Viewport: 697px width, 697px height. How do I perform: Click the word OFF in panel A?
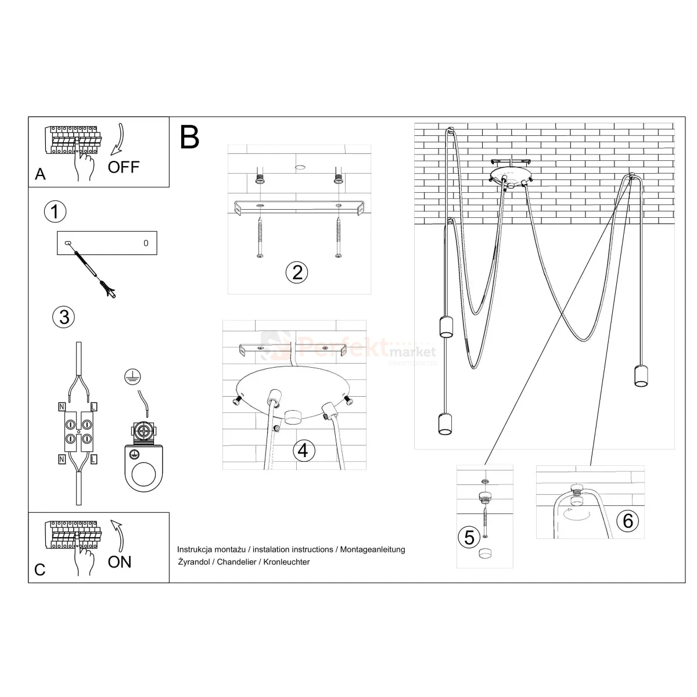pyautogui.click(x=124, y=167)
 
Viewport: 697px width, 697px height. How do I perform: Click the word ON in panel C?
pyautogui.click(x=120, y=562)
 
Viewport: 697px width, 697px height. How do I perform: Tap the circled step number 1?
pyautogui.click(x=55, y=211)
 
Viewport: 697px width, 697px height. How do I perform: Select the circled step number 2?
pyautogui.click(x=297, y=272)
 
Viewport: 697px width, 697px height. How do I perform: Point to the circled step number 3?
pyautogui.click(x=64, y=317)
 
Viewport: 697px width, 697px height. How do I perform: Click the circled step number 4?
pyautogui.click(x=304, y=450)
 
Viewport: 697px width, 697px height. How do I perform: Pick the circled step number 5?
pyautogui.click(x=469, y=537)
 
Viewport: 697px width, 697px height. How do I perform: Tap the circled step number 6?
pyautogui.click(x=628, y=521)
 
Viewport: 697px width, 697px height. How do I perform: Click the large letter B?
pyautogui.click(x=190, y=137)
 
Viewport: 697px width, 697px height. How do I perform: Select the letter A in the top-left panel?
pyautogui.click(x=40, y=174)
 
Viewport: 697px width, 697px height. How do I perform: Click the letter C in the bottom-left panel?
pyautogui.click(x=39, y=569)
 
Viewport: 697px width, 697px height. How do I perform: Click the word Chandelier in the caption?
pyautogui.click(x=234, y=562)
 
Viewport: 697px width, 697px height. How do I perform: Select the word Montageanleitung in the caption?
pyautogui.click(x=372, y=549)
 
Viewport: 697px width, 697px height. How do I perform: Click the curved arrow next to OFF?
pyautogui.click(x=120, y=139)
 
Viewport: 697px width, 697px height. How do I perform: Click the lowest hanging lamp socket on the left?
pyautogui.click(x=444, y=423)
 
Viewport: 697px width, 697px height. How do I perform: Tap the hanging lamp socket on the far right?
pyautogui.click(x=641, y=376)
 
